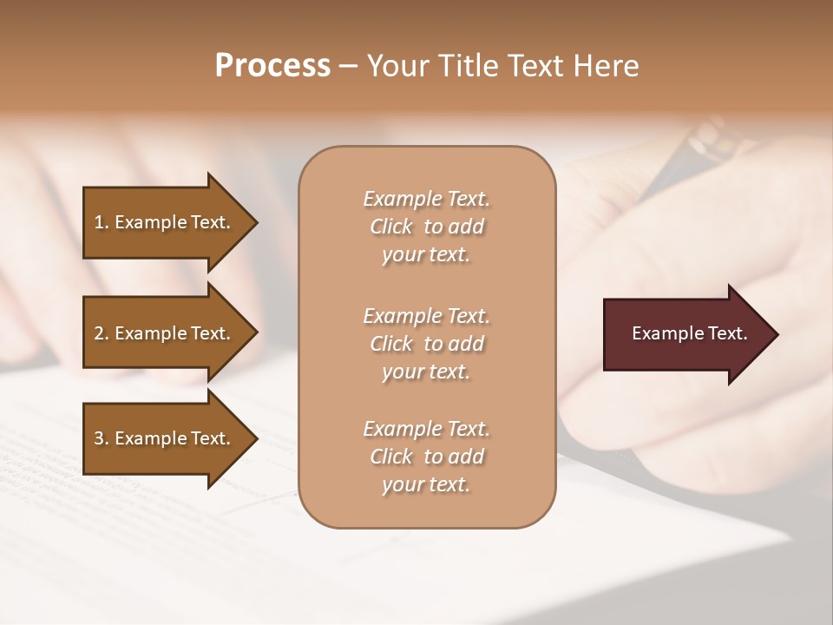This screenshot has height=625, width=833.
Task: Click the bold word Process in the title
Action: click(272, 66)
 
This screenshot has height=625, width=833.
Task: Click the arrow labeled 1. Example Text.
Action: click(165, 222)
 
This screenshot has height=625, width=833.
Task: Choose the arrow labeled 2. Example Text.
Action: click(165, 333)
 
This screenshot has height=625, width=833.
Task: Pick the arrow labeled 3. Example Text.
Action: click(165, 438)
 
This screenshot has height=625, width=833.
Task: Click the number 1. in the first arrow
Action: click(102, 222)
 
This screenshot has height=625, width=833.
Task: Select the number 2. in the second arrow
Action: click(102, 333)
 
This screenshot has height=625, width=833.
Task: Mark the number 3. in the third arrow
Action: click(102, 438)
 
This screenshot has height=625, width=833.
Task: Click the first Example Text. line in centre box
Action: click(426, 199)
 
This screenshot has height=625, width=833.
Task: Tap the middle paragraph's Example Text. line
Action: click(426, 316)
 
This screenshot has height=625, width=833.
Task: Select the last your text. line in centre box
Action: click(426, 485)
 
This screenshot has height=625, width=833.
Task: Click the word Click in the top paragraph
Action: click(391, 227)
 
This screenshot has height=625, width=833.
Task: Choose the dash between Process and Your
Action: click(348, 66)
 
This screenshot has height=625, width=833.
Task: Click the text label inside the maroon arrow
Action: click(689, 333)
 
